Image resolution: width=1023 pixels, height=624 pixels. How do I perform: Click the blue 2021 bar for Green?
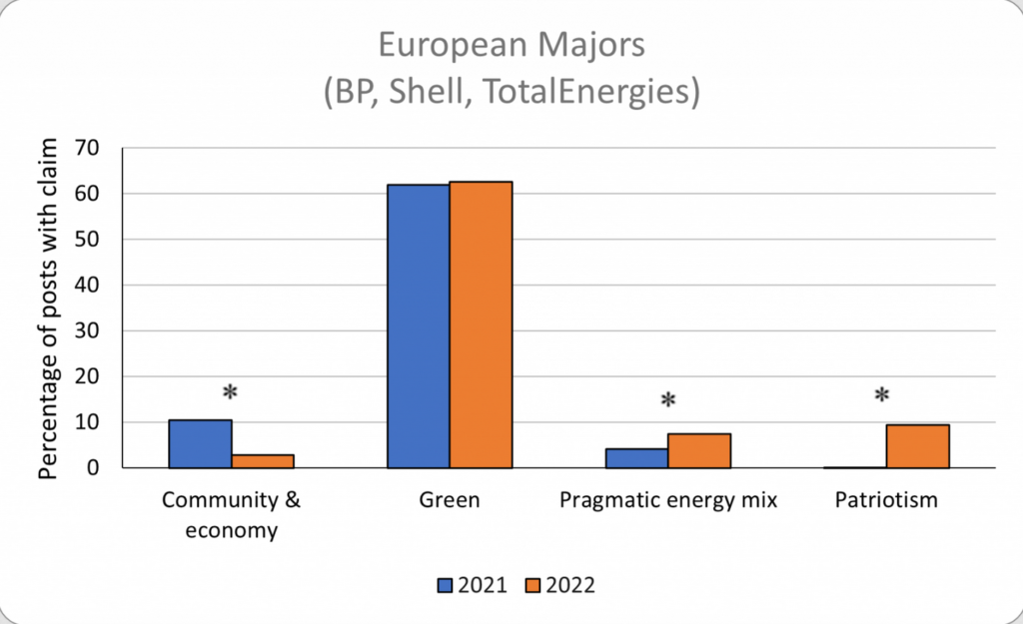click(x=418, y=325)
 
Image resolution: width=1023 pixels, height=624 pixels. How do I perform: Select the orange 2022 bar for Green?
click(x=481, y=324)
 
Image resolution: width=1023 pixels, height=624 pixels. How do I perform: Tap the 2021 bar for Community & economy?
click(x=200, y=443)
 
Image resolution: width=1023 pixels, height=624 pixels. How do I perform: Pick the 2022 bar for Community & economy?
click(x=263, y=461)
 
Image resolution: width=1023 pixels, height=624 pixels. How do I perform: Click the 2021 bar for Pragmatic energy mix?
click(x=636, y=458)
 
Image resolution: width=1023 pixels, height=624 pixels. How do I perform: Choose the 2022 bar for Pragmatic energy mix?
click(x=699, y=450)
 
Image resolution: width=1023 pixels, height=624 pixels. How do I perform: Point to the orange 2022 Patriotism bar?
click(x=917, y=446)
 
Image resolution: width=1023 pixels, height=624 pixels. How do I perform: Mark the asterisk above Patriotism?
click(x=882, y=396)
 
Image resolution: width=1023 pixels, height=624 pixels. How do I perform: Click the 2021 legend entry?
click(x=475, y=585)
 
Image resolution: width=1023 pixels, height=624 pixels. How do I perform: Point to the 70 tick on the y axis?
click(x=94, y=148)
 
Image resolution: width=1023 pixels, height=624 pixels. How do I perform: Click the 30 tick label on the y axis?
click(x=94, y=330)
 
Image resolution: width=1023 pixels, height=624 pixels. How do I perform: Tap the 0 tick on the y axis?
click(x=100, y=467)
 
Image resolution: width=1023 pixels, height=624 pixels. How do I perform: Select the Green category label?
click(x=450, y=499)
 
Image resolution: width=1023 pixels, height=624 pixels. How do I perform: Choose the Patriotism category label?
click(x=886, y=499)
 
